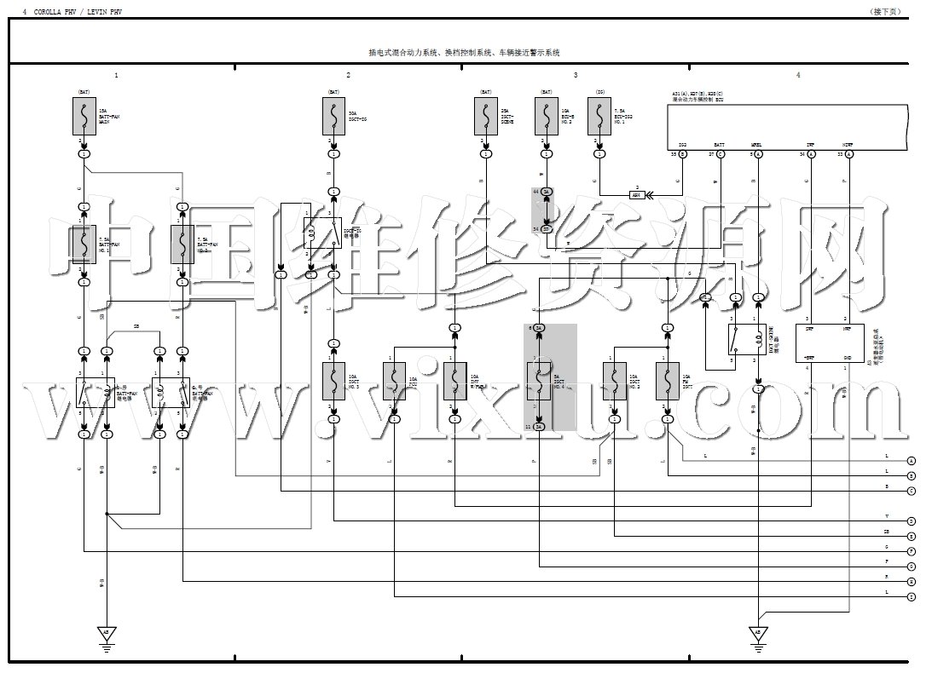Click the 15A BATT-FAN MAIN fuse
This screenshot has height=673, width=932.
tap(84, 115)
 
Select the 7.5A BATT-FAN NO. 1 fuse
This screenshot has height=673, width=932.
tap(84, 244)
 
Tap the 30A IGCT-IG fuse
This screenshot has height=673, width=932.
tap(333, 115)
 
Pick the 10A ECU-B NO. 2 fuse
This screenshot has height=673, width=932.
tap(547, 115)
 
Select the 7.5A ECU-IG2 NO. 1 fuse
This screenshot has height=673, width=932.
tap(600, 115)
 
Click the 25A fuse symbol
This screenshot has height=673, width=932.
tap(486, 115)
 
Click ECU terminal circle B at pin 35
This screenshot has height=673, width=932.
tap(683, 154)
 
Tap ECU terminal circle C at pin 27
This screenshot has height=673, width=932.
tap(721, 154)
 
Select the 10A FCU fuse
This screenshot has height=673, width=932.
tap(394, 381)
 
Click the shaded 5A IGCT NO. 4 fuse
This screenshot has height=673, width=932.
tap(539, 381)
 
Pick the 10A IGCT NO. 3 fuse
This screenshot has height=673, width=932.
tap(333, 381)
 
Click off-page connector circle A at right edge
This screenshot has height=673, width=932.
tap(912, 460)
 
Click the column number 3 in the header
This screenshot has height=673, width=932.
tap(575, 76)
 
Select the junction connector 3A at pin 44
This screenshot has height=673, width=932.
tap(547, 192)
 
